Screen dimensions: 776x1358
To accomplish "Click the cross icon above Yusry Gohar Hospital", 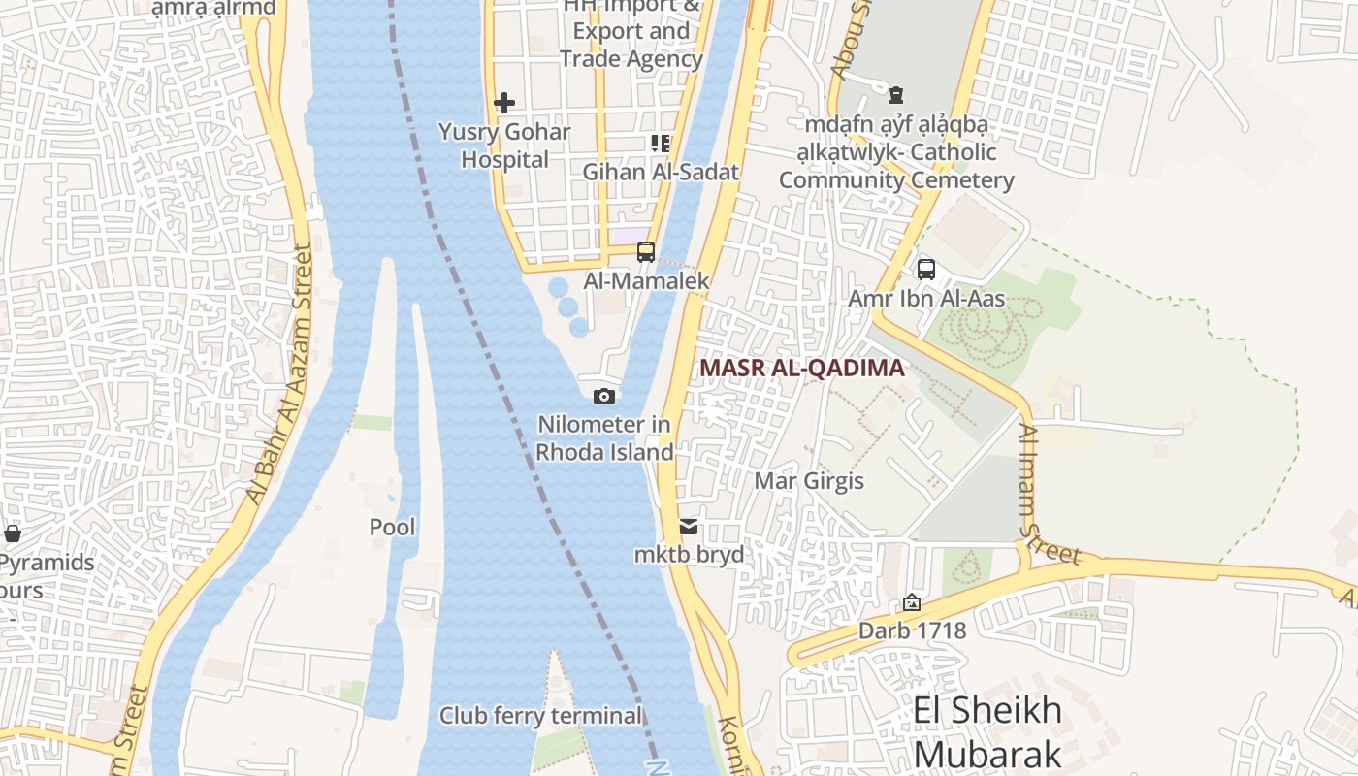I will tap(504, 102).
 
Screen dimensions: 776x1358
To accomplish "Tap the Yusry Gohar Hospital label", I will tap(504, 145).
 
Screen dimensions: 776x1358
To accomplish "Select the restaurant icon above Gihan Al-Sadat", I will tap(661, 144).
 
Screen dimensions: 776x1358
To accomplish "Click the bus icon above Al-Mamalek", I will tap(646, 252).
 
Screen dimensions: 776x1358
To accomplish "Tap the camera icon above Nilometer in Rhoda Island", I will tap(604, 396).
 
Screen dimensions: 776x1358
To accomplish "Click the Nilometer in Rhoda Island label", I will tap(605, 438).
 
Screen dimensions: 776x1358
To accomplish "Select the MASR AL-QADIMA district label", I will tap(801, 369).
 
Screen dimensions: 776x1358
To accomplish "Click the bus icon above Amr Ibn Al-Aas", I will tap(926, 269).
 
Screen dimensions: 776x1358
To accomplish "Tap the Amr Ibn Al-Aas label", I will tap(926, 299).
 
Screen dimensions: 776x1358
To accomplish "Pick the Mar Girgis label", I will tap(809, 481).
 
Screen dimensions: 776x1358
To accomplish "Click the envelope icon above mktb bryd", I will tap(689, 527).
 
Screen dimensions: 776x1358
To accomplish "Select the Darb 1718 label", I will tap(912, 630).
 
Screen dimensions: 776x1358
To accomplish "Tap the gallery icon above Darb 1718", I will tap(912, 602).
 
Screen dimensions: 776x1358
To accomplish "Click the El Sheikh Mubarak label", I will tap(987, 731).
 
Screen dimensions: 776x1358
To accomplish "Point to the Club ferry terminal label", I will tap(541, 716).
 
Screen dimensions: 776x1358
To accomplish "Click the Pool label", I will tap(393, 528).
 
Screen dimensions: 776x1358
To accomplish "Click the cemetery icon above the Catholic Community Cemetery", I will tap(896, 95).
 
